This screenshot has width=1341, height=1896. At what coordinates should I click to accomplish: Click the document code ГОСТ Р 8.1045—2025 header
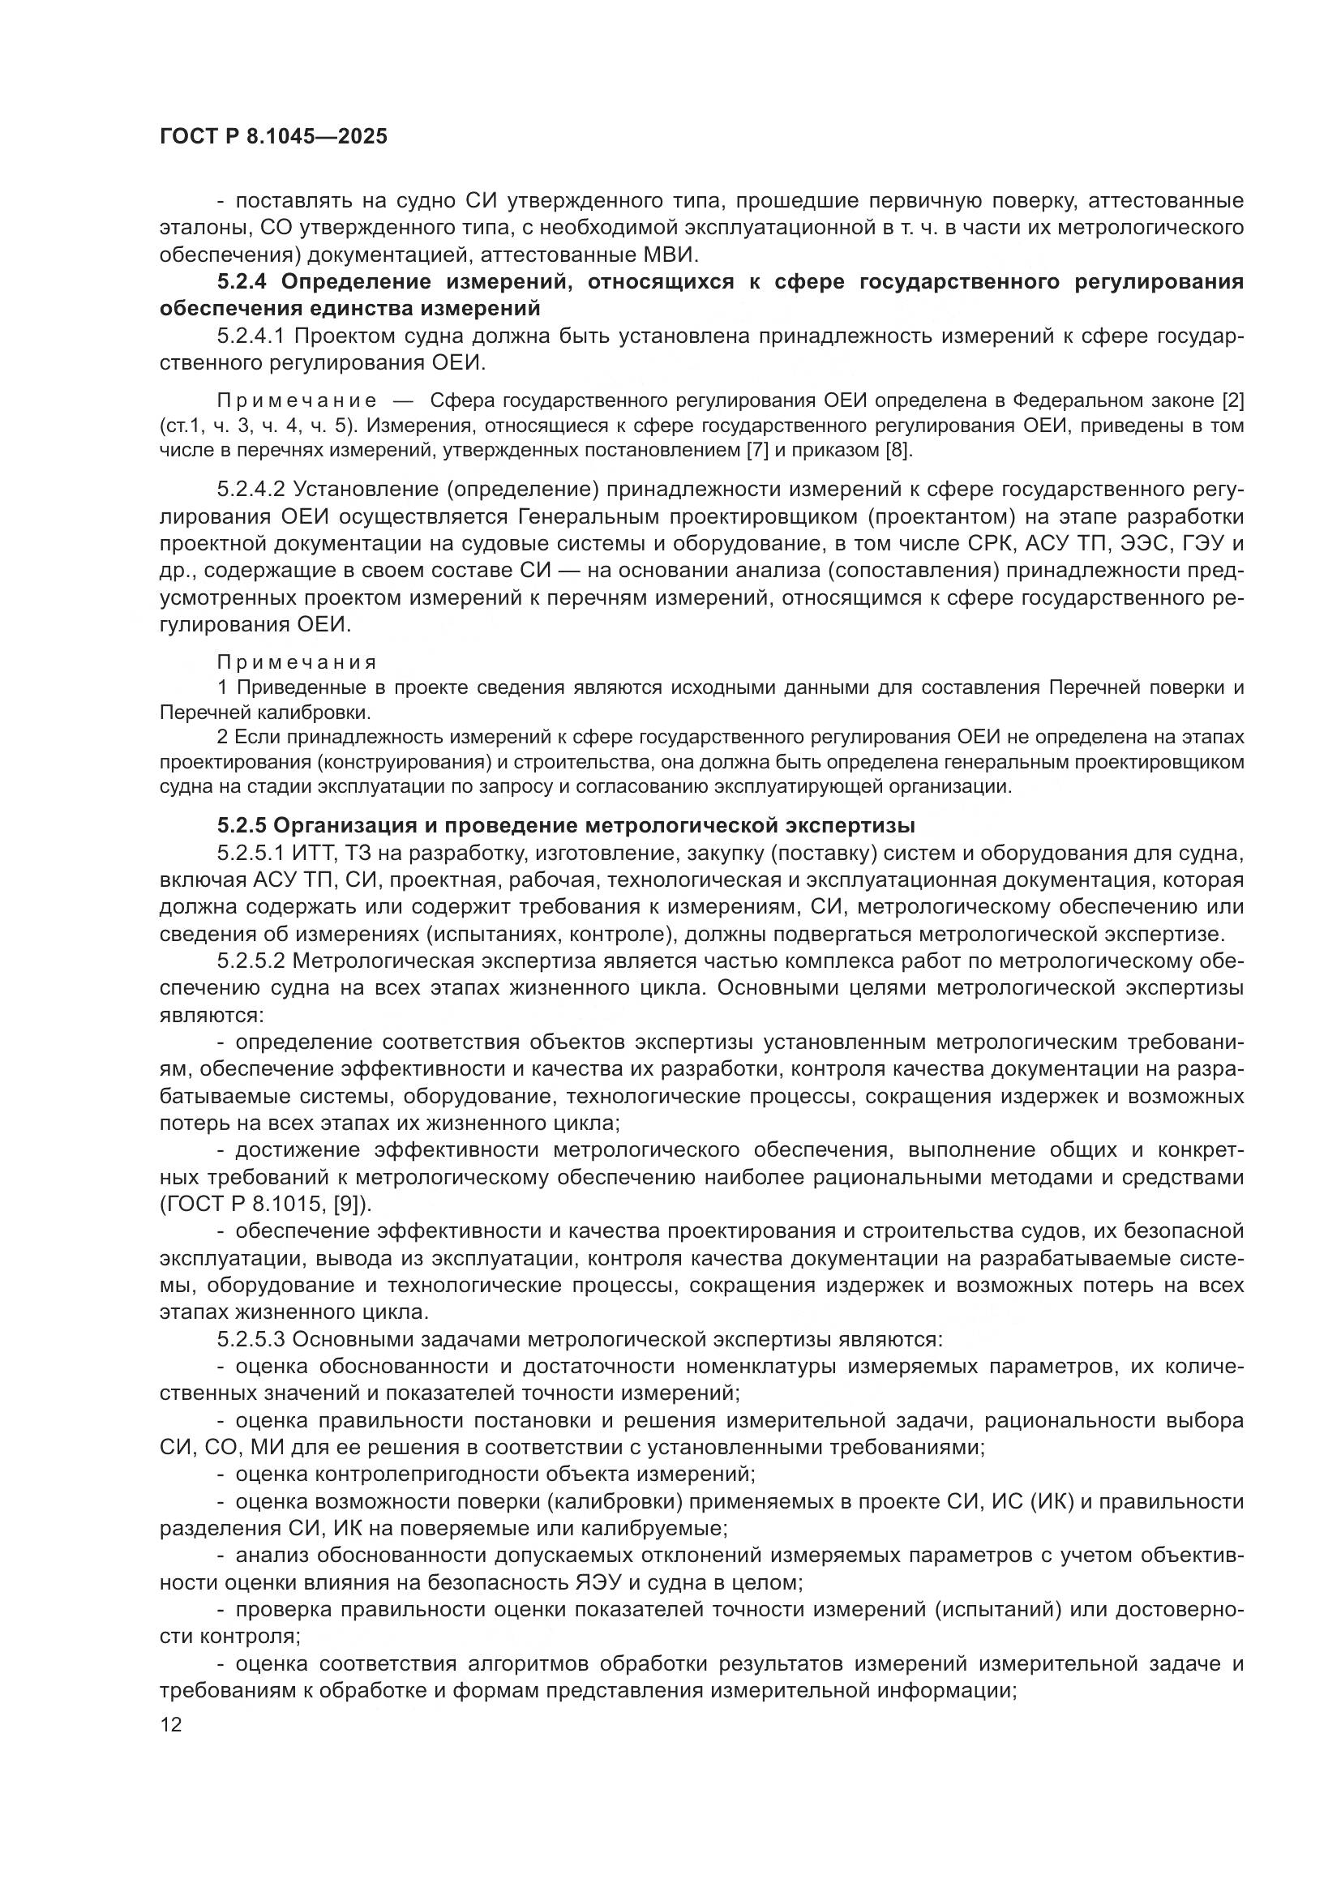273,137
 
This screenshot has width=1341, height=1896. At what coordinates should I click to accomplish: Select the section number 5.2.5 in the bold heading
241,825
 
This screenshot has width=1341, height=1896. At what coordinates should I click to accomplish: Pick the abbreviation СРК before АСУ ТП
989,544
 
